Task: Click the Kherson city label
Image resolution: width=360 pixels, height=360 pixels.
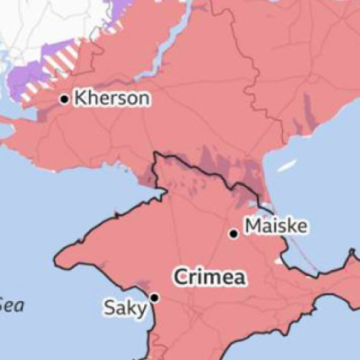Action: point(112,98)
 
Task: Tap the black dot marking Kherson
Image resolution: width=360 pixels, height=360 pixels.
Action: point(65,99)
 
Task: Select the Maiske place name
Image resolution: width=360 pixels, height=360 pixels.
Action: point(276,227)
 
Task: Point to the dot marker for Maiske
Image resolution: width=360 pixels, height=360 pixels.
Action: point(233,233)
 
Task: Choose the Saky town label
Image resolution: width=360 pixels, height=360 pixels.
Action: point(125,309)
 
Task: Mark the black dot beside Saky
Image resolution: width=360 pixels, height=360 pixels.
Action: point(154,297)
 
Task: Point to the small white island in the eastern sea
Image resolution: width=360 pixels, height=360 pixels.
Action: point(287,166)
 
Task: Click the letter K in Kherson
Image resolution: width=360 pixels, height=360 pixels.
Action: point(81,98)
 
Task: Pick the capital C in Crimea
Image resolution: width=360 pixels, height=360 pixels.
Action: point(179,276)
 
